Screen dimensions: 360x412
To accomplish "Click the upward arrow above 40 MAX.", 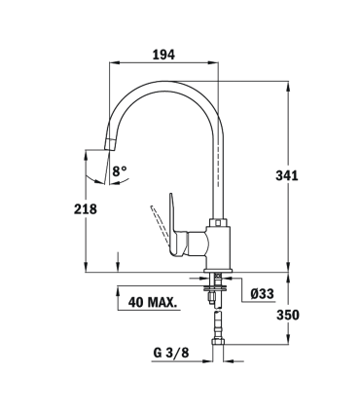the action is click(x=118, y=288).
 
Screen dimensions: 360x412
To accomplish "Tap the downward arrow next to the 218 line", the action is click(x=117, y=260).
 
